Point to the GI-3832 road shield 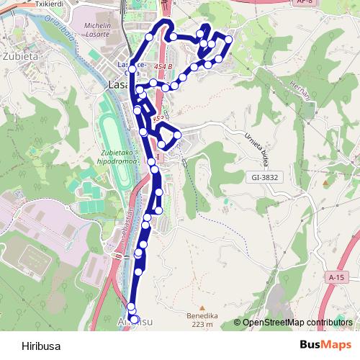(x=264, y=176)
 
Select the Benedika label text (x=201, y=315)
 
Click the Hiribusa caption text (x=41, y=345)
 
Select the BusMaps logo (x=325, y=345)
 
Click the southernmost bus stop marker (x=134, y=318)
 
